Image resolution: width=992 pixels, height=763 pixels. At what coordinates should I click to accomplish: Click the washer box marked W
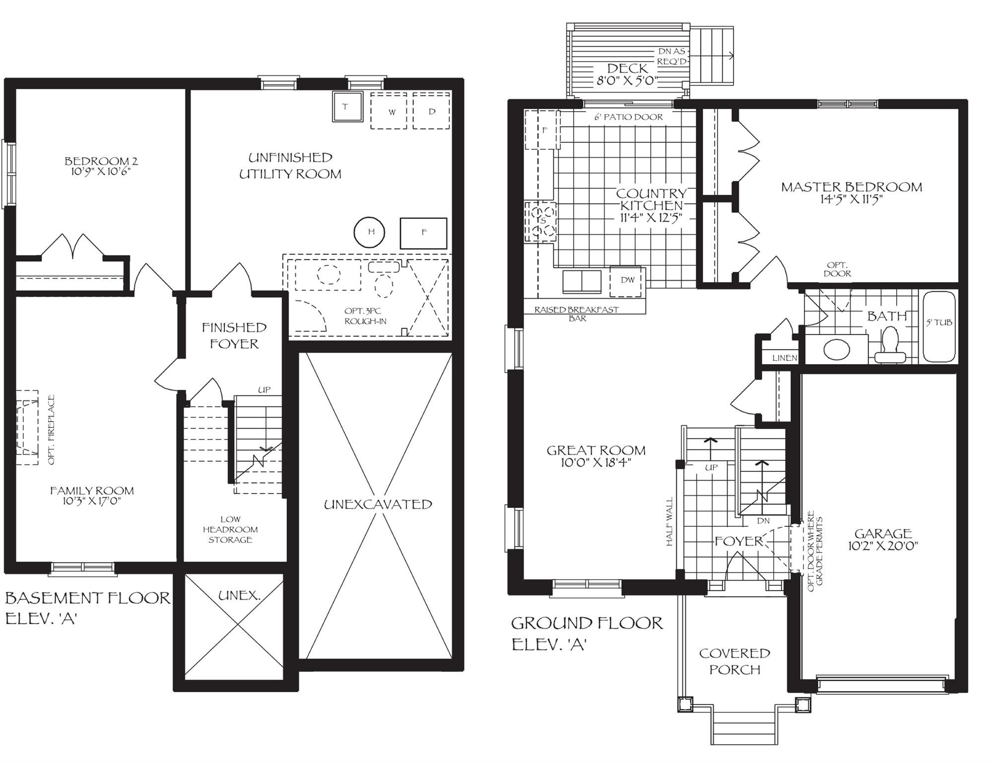[x=389, y=111]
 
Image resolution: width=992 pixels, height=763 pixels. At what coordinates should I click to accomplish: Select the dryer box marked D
[x=431, y=111]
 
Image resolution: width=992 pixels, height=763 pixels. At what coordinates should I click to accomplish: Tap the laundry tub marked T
[x=345, y=106]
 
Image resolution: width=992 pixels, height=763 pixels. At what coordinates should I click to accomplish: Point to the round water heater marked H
[x=370, y=232]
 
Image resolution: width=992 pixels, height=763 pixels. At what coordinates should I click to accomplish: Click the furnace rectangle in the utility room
[x=423, y=233]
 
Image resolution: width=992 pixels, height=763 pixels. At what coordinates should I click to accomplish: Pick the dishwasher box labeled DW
[x=627, y=281]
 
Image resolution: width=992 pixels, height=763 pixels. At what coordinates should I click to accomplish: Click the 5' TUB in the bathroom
[x=939, y=326]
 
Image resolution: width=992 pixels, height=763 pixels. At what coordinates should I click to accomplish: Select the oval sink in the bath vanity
[x=837, y=349]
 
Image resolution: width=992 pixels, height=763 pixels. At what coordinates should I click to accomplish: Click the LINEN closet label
[x=785, y=358]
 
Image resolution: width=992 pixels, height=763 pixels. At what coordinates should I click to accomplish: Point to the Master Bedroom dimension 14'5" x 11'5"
[x=852, y=199]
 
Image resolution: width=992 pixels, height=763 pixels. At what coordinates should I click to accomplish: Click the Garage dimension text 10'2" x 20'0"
[x=883, y=546]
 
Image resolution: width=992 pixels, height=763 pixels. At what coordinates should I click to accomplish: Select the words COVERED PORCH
[x=734, y=661]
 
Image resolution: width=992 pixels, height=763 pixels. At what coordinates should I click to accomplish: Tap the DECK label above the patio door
[x=627, y=68]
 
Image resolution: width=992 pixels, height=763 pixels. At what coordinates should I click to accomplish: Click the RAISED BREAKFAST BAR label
[x=577, y=314]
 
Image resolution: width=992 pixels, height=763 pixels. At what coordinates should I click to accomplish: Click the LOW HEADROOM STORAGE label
[x=230, y=529]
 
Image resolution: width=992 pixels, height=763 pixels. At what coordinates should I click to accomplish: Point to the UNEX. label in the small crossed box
[x=239, y=595]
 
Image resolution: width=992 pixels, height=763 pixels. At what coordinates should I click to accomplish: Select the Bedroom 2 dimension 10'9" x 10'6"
[x=101, y=172]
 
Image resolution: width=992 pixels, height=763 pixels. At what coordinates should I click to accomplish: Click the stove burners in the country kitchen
[x=542, y=222]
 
